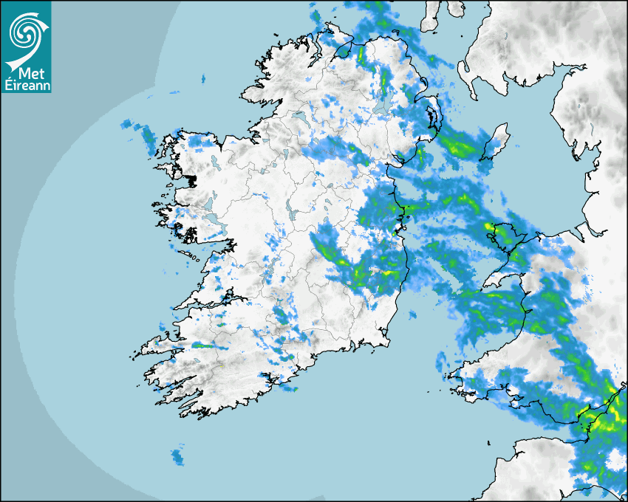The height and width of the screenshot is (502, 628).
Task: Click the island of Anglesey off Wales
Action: (x=502, y=235)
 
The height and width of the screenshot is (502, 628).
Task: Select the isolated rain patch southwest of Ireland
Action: (x=177, y=456)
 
